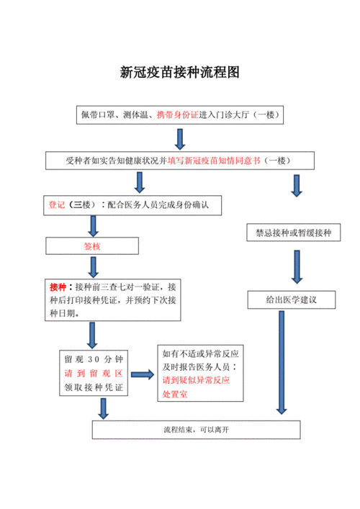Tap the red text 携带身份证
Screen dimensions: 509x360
tap(176, 114)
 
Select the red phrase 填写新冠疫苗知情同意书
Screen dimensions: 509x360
tap(215, 160)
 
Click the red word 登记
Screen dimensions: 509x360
tap(57, 205)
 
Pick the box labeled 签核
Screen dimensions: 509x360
tap(92, 246)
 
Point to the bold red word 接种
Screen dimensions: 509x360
tap(57, 287)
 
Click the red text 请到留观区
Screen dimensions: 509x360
tap(93, 374)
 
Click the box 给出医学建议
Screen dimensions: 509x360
tap(293, 299)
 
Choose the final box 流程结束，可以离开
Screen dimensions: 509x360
tap(196, 430)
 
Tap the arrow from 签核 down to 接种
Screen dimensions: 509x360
tap(93, 266)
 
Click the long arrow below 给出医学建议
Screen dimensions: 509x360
tap(280, 360)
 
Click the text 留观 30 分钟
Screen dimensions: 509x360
tap(93, 359)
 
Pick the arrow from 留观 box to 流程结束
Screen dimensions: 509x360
tap(104, 408)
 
